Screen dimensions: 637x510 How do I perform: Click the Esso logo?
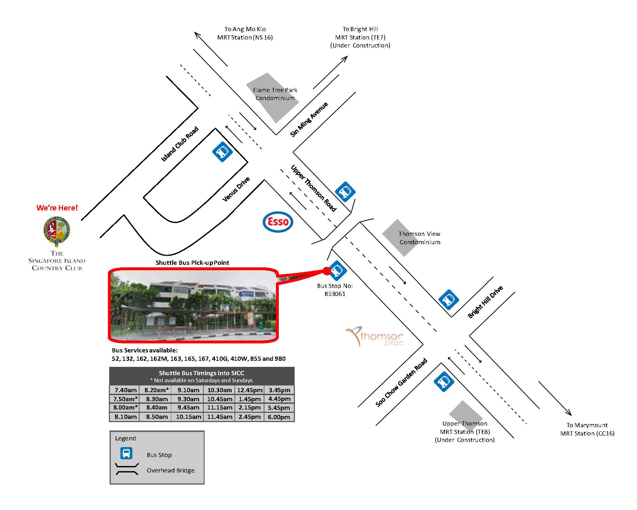click(278, 222)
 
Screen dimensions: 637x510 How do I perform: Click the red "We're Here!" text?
click(57, 208)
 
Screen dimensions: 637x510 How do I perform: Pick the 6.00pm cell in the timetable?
click(279, 417)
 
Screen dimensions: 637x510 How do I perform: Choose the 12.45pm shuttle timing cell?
click(250, 390)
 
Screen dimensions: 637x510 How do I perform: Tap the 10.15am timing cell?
click(189, 417)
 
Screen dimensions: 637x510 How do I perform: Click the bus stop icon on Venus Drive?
click(222, 152)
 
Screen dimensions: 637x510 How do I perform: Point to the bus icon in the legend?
click(126, 453)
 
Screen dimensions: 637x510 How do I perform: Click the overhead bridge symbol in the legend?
click(127, 469)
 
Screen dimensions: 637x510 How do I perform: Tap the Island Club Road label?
click(180, 144)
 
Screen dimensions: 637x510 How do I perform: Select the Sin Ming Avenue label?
click(309, 119)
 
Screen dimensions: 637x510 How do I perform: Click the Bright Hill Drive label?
click(485, 302)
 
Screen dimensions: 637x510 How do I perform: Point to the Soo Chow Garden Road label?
click(402, 382)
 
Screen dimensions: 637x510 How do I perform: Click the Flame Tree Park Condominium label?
click(275, 94)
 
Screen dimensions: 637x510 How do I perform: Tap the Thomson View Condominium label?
click(420, 238)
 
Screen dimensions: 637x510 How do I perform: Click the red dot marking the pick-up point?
click(326, 271)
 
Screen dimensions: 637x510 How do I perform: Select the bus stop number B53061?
click(335, 294)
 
